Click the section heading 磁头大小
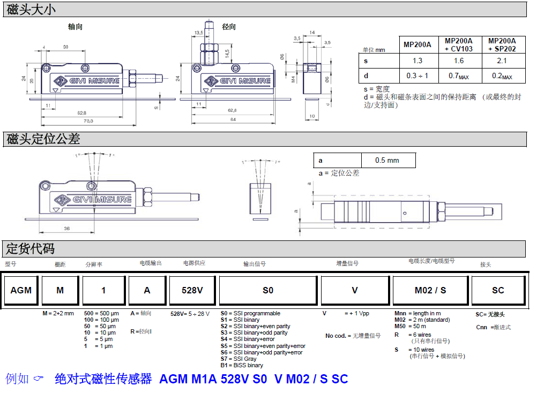coord(31,9)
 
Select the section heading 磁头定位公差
coord(43,139)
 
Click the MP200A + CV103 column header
coord(459,44)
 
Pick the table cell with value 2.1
coord(502,60)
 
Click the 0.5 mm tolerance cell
coord(387,160)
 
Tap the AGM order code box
coord(21,290)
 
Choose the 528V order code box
coord(192,290)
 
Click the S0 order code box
coord(268,290)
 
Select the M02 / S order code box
coord(430,290)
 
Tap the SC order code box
coord(498,290)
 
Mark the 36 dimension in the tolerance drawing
coord(67,229)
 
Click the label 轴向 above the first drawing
coord(75,26)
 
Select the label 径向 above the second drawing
coord(229,26)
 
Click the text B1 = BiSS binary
coord(242,365)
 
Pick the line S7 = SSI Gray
coord(239,359)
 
